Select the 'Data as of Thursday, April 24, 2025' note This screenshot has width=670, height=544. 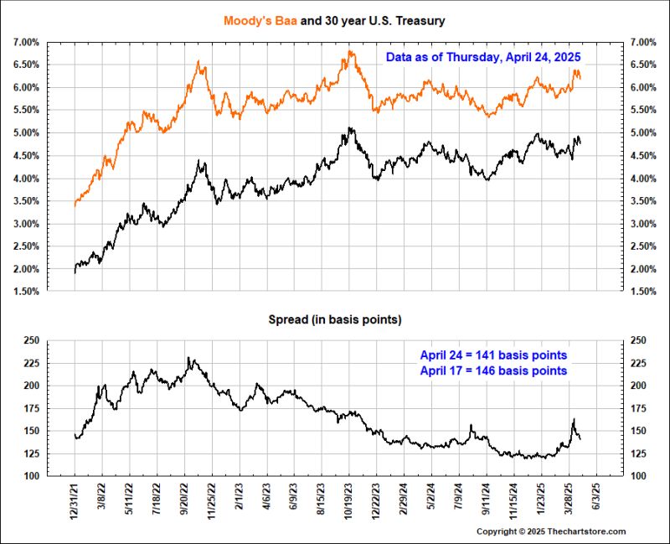point(483,57)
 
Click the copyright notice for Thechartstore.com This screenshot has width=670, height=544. point(551,532)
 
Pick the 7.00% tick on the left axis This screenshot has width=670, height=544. point(26,42)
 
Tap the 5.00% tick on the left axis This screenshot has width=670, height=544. point(26,132)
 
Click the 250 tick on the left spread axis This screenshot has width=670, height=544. point(31,340)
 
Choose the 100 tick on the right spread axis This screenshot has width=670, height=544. point(637,476)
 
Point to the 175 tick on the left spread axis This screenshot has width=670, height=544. point(31,408)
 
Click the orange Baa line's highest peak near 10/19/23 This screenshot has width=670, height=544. point(349,52)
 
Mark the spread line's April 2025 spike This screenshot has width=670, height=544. point(574,419)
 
